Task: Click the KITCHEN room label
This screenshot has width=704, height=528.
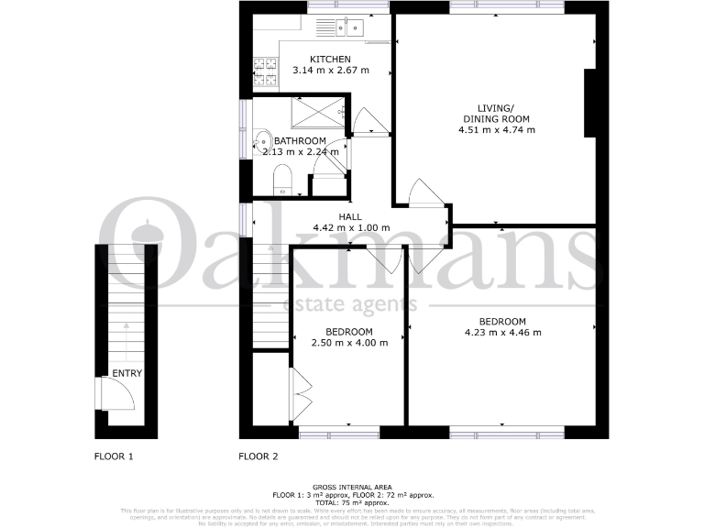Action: [x=329, y=60]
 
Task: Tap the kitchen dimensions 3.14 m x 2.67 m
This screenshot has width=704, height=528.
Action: [x=330, y=71]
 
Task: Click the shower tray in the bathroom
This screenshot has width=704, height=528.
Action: [x=317, y=112]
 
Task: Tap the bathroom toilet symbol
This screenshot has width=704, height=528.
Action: [x=283, y=180]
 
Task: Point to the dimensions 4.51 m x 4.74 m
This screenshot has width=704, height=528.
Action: [x=496, y=130]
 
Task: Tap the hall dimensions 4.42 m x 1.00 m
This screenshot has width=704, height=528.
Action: [x=351, y=228]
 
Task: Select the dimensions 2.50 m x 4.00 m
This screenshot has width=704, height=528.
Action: [x=349, y=343]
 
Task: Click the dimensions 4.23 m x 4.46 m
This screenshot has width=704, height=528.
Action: [x=502, y=333]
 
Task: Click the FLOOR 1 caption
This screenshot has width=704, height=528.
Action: [x=115, y=456]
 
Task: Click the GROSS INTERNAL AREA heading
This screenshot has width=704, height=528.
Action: [x=352, y=488]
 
